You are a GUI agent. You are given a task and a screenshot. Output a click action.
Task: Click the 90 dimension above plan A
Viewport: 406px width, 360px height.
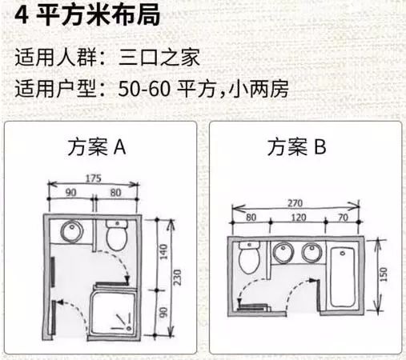pos(70,193)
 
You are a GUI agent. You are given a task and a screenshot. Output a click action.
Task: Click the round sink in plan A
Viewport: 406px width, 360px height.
pos(71,233)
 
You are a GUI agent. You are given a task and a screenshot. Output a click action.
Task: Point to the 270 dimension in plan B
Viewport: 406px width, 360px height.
pos(299,204)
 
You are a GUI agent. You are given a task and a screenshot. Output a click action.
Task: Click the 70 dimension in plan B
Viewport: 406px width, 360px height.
pos(342,217)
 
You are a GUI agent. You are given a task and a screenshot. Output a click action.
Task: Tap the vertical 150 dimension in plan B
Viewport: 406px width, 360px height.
pos(382,274)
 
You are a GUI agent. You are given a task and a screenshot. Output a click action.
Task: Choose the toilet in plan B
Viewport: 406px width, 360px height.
pos(250,258)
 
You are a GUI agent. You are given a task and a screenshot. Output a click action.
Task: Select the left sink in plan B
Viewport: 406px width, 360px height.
pos(282,253)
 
